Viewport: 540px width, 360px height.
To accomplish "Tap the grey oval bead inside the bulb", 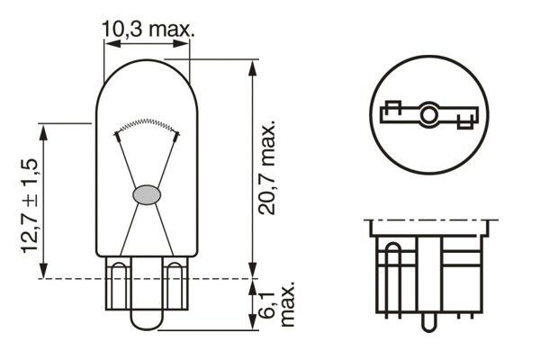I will [147, 193].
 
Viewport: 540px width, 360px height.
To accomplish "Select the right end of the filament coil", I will [177, 134].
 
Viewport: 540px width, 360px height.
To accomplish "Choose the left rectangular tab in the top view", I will [391, 112].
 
